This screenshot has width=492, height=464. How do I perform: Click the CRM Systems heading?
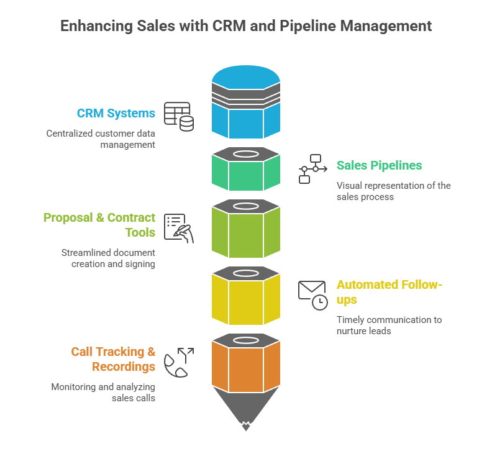coord(116,114)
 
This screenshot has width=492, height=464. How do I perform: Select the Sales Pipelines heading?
coord(379,165)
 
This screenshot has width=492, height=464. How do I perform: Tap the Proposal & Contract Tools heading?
coord(99,224)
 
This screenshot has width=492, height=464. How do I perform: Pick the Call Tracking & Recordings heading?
coord(113,359)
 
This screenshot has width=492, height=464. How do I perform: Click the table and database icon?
coord(178,117)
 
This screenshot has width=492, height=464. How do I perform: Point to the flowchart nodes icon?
coord(310,168)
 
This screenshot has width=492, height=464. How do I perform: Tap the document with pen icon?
coord(178,228)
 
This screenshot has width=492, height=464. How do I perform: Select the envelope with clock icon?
coord(312,295)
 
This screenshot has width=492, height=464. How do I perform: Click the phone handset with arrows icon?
coord(178,362)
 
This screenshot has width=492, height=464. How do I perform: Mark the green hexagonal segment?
coord(246,175)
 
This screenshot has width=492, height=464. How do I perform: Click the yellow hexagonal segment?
coord(246,301)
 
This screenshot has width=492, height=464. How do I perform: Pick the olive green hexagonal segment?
coord(246,234)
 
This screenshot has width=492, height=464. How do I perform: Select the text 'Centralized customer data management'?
coord(101,139)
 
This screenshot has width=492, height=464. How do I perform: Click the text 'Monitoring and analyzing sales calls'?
coord(103,392)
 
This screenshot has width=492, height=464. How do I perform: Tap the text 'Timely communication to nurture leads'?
coord(389,325)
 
